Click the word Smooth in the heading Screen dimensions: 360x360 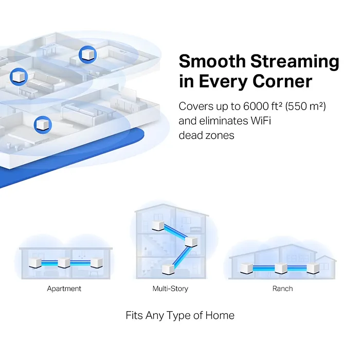pyautogui.click(x=212, y=61)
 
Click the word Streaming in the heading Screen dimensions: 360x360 pyautogui.click(x=295, y=62)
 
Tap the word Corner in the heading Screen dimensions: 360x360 pyautogui.click(x=282, y=81)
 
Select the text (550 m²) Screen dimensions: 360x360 pyautogui.click(x=305, y=106)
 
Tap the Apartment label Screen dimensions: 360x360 pyautogui.click(x=64, y=289)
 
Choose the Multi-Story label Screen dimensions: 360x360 pyautogui.click(x=170, y=289)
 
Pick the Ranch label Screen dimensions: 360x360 pyautogui.click(x=283, y=289)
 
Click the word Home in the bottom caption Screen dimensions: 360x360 pyautogui.click(x=220, y=315)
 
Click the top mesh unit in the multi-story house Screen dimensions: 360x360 pyautogui.click(x=158, y=226)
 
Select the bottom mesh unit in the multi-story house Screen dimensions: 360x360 pyautogui.click(x=168, y=269)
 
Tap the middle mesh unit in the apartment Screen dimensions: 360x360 pyautogui.click(x=64, y=263)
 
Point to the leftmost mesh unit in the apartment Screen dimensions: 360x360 pyautogui.click(x=35, y=263)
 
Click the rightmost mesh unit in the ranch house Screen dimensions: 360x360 pyautogui.click(x=313, y=268)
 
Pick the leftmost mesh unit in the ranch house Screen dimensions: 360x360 pyautogui.click(x=246, y=268)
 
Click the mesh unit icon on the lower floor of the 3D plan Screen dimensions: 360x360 pyautogui.click(x=43, y=124)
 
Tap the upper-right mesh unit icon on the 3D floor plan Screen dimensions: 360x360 pyautogui.click(x=87, y=55)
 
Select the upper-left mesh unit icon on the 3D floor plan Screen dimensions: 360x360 pyautogui.click(x=19, y=77)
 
